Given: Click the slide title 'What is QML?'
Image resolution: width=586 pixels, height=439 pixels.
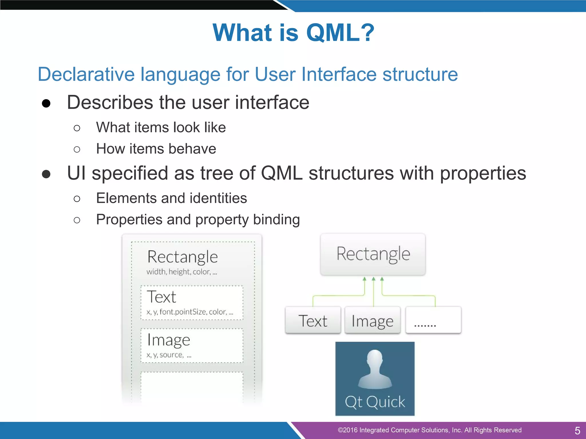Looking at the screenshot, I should (x=293, y=33).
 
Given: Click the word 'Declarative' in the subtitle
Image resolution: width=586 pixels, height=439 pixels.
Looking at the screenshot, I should (x=86, y=74).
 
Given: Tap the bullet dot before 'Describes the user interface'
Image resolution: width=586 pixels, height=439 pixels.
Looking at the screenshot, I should (x=46, y=103).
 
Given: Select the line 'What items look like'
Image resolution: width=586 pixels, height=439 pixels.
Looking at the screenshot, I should (x=161, y=127).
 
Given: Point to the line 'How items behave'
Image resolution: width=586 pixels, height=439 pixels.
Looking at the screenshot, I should (x=156, y=149).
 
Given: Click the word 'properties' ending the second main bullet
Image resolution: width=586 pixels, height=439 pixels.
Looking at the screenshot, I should (x=483, y=173).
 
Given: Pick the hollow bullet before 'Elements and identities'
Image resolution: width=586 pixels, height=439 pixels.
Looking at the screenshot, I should (x=77, y=199).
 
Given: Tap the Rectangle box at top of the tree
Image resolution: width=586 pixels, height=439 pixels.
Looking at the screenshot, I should (x=373, y=254).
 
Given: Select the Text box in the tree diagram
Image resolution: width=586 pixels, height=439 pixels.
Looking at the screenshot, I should (x=313, y=320).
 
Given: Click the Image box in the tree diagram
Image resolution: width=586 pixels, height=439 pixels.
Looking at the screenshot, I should (x=372, y=320).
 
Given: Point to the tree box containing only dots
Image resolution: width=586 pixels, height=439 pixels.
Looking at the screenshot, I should (x=433, y=320).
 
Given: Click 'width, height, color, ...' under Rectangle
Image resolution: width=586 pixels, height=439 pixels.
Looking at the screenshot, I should (x=182, y=272).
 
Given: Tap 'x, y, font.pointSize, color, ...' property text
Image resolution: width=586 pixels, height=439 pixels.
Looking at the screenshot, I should (x=190, y=312).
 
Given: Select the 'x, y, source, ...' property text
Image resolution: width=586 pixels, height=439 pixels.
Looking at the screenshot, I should (x=169, y=355).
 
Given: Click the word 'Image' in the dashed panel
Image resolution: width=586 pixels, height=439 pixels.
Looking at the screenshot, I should (x=169, y=340).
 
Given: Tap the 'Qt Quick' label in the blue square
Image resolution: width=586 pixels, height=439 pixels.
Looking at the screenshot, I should (x=375, y=402).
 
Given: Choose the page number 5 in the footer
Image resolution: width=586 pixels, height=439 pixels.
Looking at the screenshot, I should (x=577, y=430).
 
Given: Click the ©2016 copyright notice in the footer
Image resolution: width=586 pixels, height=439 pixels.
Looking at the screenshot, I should (x=429, y=430).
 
